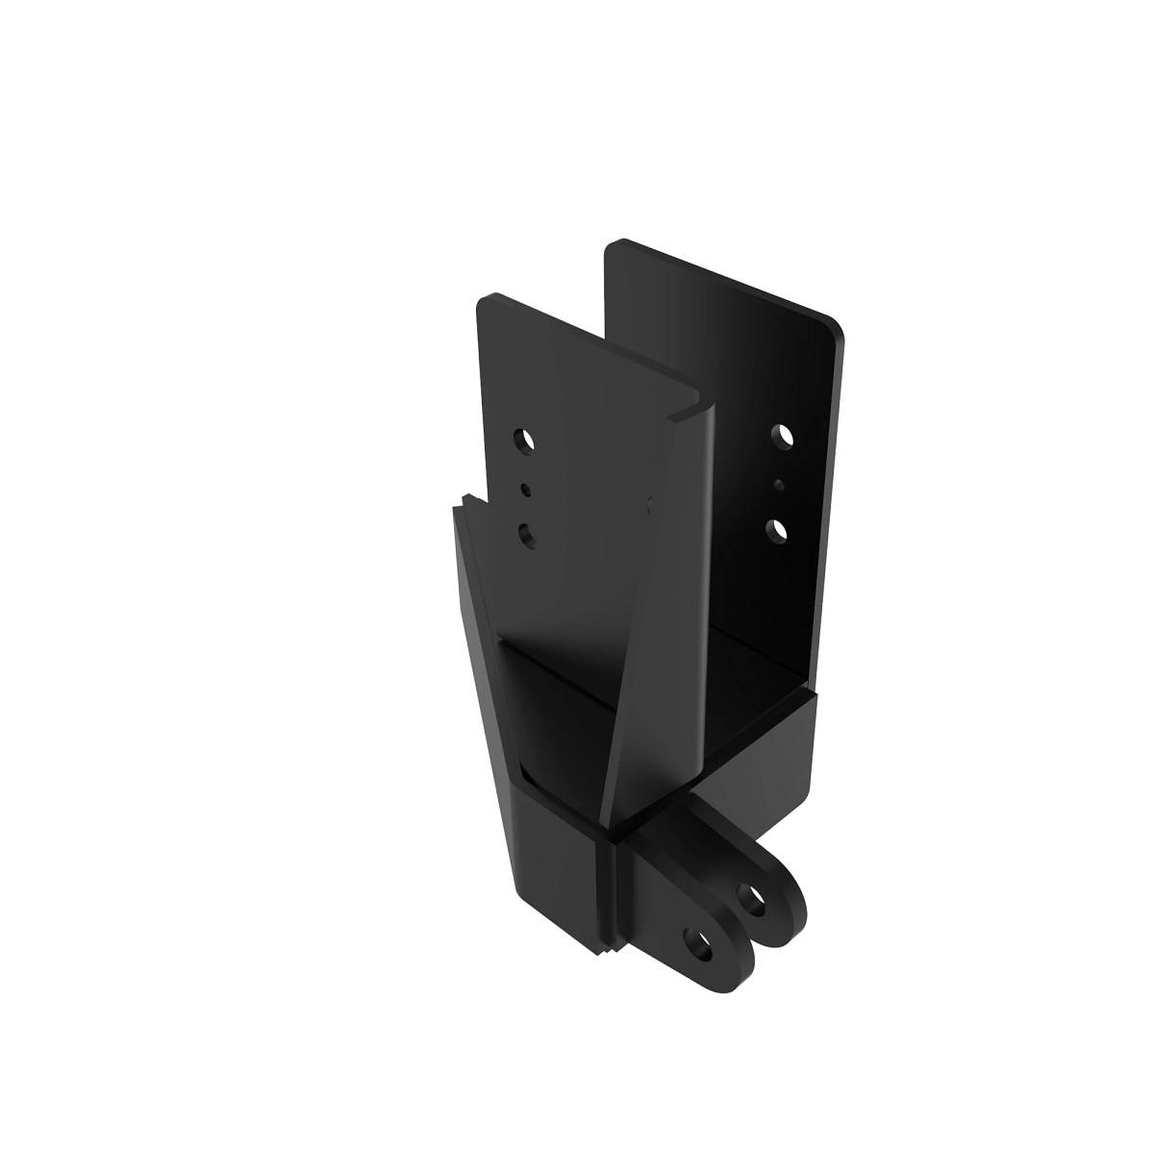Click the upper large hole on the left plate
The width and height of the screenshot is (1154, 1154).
pyautogui.click(x=525, y=441)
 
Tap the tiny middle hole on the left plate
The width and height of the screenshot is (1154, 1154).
pyautogui.click(x=525, y=489)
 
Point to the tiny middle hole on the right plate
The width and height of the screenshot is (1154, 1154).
pyautogui.click(x=779, y=484)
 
